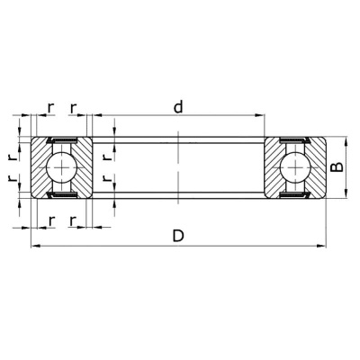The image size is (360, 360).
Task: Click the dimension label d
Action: click(178, 107)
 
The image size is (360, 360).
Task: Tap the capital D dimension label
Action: click(178, 236)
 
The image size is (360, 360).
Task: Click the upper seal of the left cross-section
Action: click(62, 141)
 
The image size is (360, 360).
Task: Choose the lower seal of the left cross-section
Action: click(62, 195)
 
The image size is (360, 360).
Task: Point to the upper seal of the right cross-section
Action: click(294, 141)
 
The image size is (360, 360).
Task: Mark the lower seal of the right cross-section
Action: click(294, 195)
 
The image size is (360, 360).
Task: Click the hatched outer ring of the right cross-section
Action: click(317, 168)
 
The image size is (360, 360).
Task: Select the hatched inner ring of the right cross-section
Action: click(272, 168)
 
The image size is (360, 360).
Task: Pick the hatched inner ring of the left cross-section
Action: click(85, 168)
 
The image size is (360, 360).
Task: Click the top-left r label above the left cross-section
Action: click(50, 107)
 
